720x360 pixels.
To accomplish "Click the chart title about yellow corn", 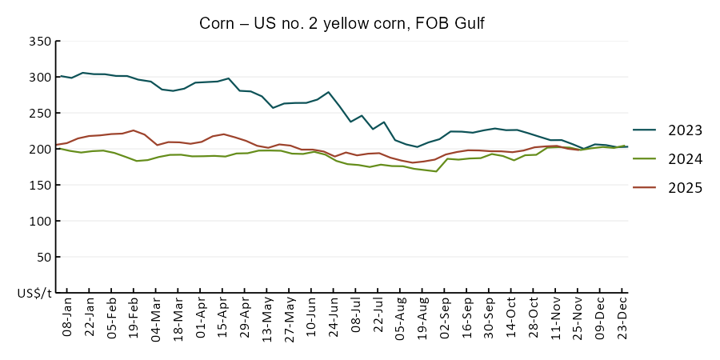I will click(x=342, y=24).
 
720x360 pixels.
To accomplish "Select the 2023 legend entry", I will click(x=685, y=130).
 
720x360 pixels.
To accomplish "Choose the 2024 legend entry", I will click(x=685, y=159).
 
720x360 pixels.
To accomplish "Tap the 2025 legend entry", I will click(x=685, y=188).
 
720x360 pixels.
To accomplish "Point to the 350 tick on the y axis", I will click(x=40, y=42).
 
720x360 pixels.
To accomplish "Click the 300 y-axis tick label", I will click(x=40, y=78).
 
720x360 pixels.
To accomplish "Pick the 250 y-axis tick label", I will click(x=40, y=114).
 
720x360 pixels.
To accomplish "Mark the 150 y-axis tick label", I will click(x=40, y=186).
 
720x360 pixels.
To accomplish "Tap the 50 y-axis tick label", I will click(x=43, y=258).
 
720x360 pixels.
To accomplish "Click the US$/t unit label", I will click(x=34, y=294).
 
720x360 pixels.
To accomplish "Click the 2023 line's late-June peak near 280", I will click(x=329, y=92).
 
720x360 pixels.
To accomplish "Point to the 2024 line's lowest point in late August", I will click(x=436, y=171).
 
